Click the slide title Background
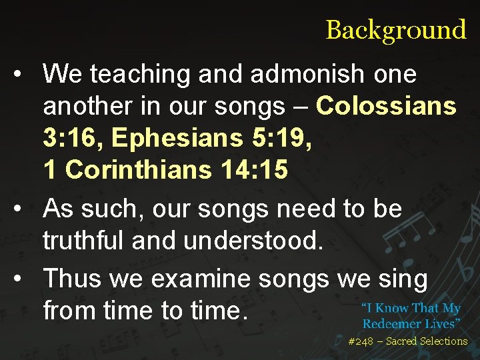click(x=395, y=30)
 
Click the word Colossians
click(x=386, y=106)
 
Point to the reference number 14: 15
click(x=253, y=170)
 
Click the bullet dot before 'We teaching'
click(x=23, y=75)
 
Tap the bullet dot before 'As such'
click(x=23, y=209)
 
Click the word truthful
click(x=83, y=241)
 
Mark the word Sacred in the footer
click(x=401, y=341)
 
